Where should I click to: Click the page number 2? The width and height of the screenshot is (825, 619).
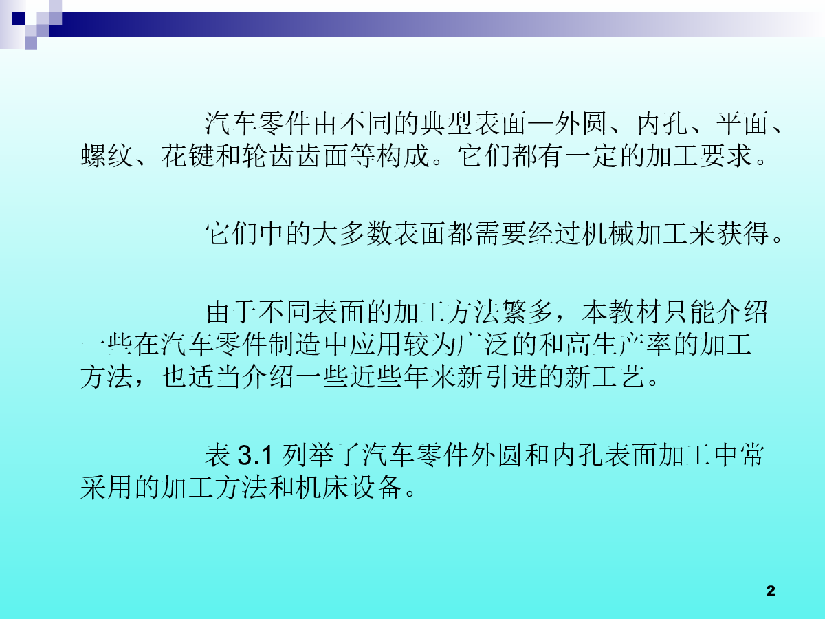point(771,591)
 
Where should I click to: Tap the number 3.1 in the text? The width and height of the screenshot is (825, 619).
point(255,455)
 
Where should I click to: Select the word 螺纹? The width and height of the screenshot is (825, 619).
point(107,155)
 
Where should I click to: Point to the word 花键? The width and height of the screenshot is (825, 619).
point(188,155)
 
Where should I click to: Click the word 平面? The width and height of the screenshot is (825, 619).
point(742,124)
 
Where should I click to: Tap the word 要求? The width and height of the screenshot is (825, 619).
point(725,155)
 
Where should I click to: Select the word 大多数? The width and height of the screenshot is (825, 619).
point(352,234)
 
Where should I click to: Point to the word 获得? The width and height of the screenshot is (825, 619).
point(742,234)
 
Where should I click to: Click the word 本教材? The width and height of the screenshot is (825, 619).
point(621,312)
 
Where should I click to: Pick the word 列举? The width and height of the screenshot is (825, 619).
point(308,455)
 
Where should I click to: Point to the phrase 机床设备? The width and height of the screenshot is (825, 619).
point(349,488)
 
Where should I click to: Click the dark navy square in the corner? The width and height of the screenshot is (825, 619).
point(19,19)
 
